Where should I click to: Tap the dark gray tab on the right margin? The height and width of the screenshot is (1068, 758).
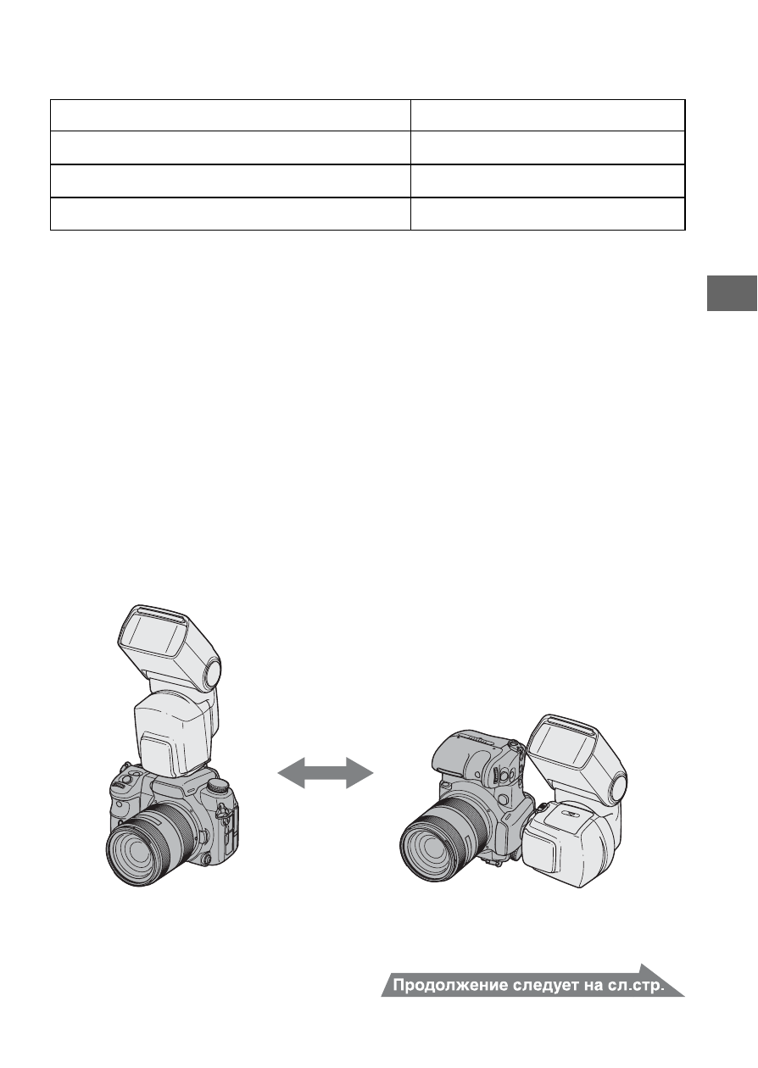coord(732,293)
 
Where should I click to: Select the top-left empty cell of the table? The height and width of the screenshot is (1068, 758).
coord(231,115)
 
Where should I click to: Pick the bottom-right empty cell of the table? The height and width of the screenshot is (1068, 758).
coord(548,214)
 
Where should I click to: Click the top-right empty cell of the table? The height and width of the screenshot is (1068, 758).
coord(548,115)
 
